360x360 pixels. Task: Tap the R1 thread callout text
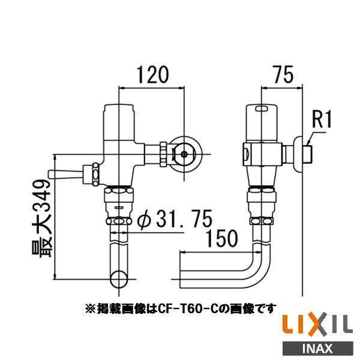tap(322, 121)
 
